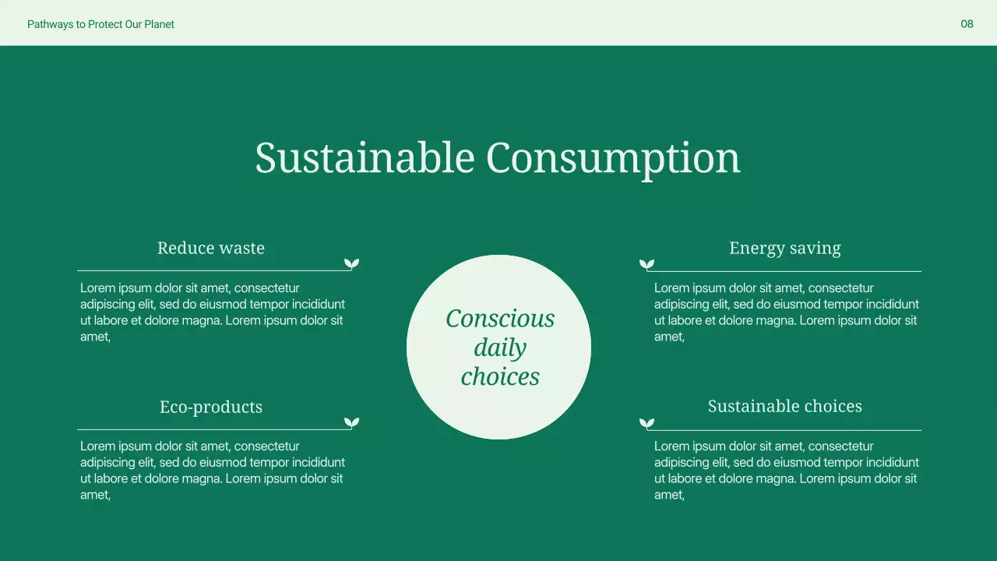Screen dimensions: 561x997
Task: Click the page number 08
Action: [x=967, y=24]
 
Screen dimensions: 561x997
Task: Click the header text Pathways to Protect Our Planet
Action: [x=100, y=24]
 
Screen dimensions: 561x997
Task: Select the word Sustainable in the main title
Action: [x=365, y=157]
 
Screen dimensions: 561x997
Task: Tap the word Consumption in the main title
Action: [x=613, y=157]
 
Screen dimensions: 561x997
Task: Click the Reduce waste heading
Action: [x=211, y=248]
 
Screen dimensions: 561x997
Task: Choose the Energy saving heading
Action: [x=784, y=248]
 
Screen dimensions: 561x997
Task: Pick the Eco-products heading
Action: [x=211, y=407]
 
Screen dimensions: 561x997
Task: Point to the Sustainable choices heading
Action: [x=784, y=406]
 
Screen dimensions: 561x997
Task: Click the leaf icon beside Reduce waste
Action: [x=352, y=264]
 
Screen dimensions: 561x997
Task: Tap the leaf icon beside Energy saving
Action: [x=646, y=264]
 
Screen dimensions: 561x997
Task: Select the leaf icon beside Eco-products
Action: [x=352, y=423]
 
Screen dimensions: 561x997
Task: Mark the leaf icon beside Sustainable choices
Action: [x=646, y=423]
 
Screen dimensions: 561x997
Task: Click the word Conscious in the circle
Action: [x=500, y=318]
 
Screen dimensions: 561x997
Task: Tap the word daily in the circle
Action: [x=500, y=348]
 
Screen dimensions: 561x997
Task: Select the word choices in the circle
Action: [x=500, y=376]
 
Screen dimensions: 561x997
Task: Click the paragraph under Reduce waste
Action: [x=212, y=312]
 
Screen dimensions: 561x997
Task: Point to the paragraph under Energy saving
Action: [x=786, y=312]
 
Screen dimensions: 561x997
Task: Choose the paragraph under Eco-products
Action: [x=212, y=470]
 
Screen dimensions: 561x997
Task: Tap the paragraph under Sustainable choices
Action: [x=786, y=470]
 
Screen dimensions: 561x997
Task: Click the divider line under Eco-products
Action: [x=210, y=429]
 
